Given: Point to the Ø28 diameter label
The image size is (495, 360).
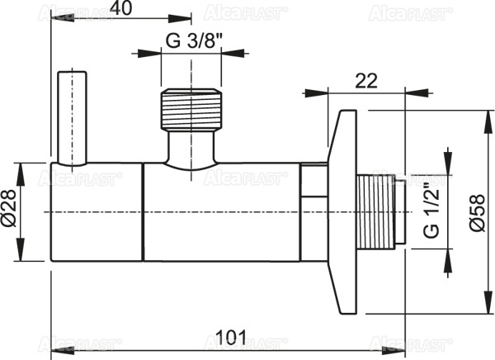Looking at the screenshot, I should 12,212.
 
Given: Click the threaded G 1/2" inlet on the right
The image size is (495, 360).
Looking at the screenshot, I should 381,212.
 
